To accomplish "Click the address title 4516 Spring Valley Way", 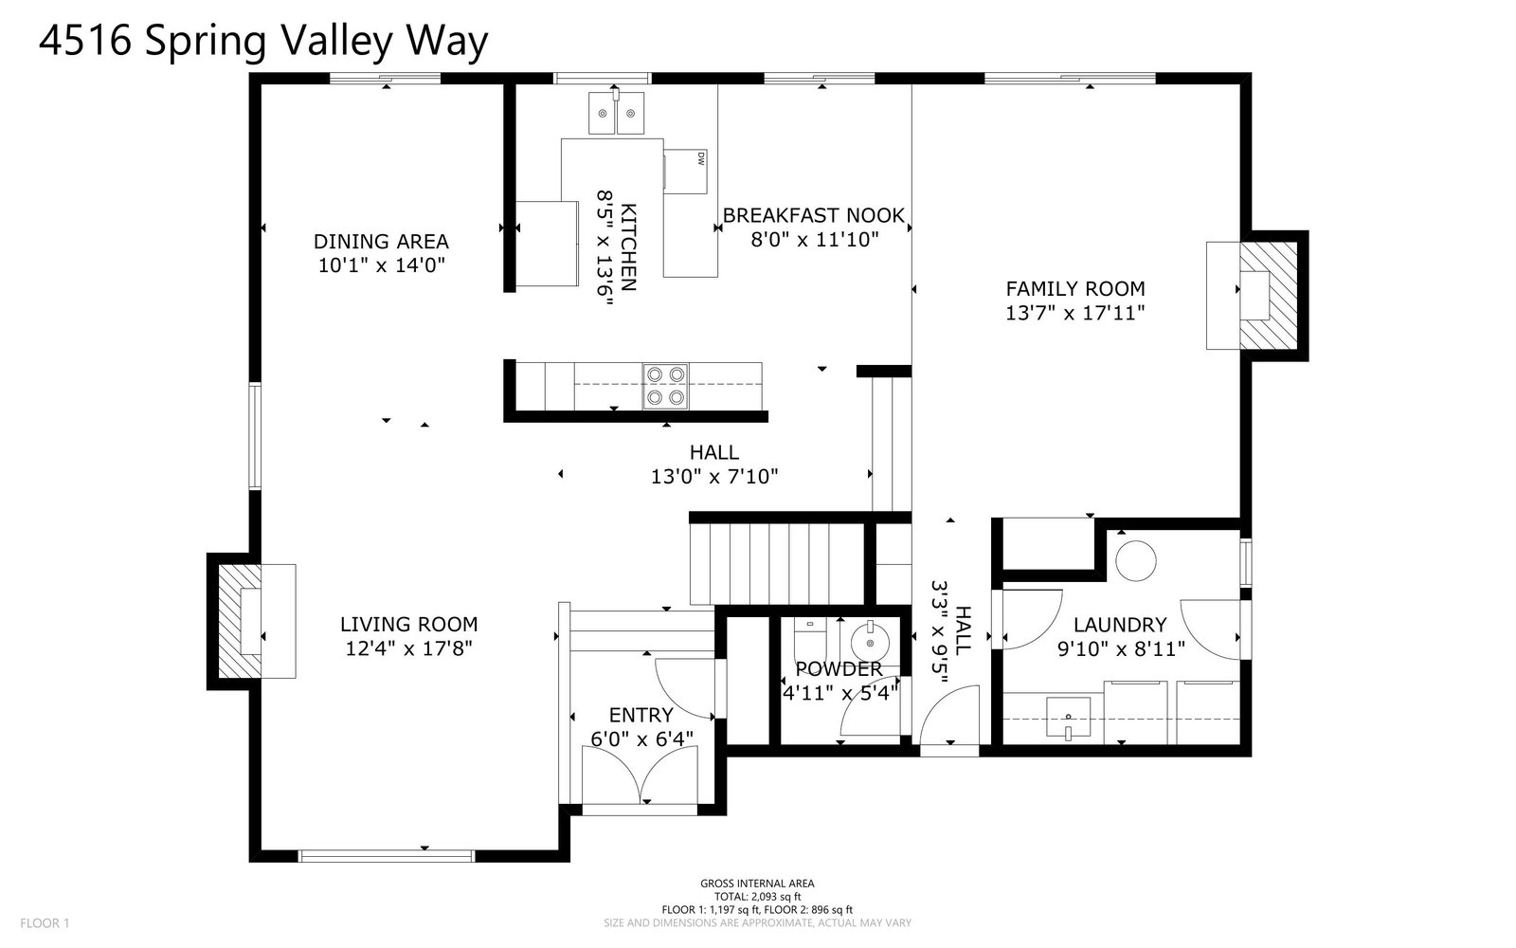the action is tap(263, 41).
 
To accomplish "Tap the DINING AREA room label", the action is tap(381, 241).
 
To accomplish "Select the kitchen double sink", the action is tap(616, 114).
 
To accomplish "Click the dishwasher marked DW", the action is tap(685, 172).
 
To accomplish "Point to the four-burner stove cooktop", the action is tap(665, 386).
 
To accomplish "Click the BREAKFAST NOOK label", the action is tap(814, 215).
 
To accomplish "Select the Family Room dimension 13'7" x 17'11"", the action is tap(1074, 313).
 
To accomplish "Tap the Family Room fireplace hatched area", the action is tap(1268, 295).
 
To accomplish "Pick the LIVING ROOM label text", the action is tap(408, 624).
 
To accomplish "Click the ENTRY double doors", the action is tap(640, 775).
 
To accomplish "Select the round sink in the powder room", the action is tap(870, 640).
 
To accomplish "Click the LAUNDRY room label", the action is tap(1120, 625).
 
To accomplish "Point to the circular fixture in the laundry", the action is tap(1136, 560).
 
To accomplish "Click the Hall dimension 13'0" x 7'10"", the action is tap(714, 477).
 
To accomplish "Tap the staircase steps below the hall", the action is tap(777, 564).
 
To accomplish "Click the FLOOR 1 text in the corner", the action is tap(45, 923).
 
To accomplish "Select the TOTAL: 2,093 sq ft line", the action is tap(757, 897).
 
